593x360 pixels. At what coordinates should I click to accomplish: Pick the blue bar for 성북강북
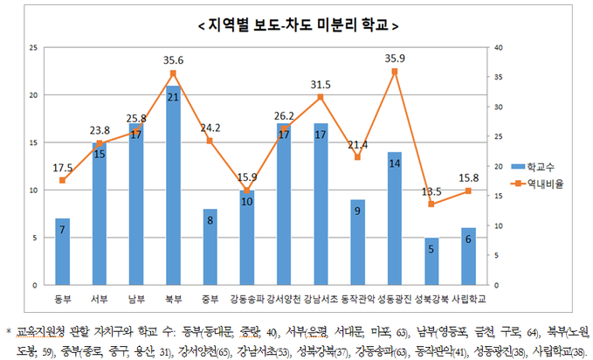(x=432, y=261)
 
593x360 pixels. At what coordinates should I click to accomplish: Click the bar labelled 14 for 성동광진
(x=395, y=218)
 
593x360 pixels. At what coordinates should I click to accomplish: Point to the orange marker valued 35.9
(x=395, y=72)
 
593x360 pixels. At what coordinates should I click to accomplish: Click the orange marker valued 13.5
(x=432, y=204)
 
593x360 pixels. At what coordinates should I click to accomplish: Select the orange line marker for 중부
(x=210, y=141)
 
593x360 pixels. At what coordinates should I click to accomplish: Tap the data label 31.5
(x=321, y=85)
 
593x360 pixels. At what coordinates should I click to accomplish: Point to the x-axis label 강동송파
(x=248, y=298)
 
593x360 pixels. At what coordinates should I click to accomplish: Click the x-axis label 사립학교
(x=470, y=298)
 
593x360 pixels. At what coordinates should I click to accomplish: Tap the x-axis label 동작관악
(x=358, y=298)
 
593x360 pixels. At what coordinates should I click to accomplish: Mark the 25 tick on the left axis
(x=33, y=47)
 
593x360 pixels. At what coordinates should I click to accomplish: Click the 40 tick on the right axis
(x=498, y=47)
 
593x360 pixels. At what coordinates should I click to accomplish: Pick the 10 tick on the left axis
(x=33, y=190)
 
